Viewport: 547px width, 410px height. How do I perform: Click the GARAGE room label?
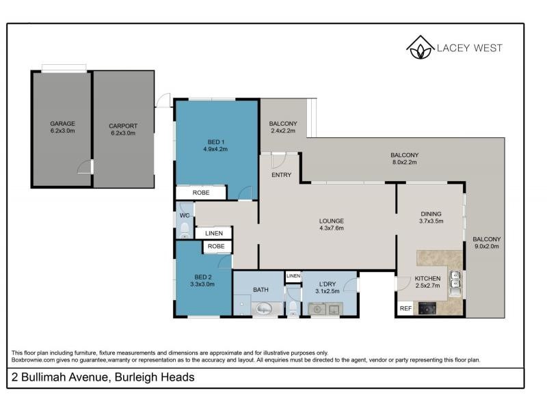[62, 128]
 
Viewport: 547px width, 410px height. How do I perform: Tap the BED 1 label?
[217, 146]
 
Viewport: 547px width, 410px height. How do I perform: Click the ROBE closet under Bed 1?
[200, 193]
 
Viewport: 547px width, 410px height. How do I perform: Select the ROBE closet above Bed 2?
[216, 246]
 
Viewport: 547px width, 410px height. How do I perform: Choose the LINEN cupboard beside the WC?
[209, 234]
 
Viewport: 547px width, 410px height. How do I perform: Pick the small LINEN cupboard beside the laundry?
[293, 275]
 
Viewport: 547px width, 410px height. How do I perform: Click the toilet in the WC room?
[183, 230]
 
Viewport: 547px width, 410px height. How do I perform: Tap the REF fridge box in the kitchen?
[405, 309]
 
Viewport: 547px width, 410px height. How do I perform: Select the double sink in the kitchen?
[455, 280]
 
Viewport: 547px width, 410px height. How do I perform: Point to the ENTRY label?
[281, 175]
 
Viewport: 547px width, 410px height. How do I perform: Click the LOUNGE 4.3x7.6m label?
[331, 225]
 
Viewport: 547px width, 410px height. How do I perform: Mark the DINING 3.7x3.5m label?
[431, 217]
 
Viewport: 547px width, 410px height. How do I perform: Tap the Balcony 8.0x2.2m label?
[404, 159]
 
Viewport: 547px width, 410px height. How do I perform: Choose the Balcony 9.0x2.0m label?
[486, 243]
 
